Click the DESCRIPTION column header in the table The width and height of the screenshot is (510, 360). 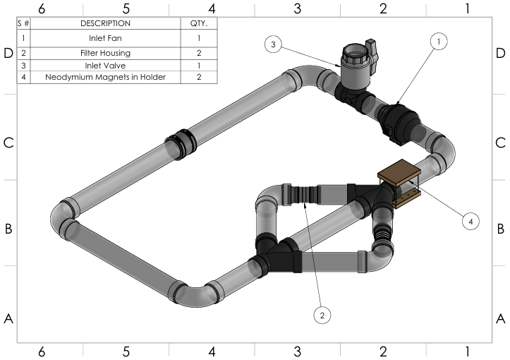coord(107,23)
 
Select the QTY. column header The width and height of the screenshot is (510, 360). coord(200,23)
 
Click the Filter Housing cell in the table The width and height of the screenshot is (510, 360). coord(107,52)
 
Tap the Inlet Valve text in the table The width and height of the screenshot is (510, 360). coord(107,64)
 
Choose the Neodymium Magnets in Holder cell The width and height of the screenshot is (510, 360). coord(107,77)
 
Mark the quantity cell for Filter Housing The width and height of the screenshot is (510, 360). coord(200,52)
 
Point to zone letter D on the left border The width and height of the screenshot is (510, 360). coord(8,54)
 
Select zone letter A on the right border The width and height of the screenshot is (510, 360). coord(501,318)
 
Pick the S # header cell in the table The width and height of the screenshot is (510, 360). coord(24,23)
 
